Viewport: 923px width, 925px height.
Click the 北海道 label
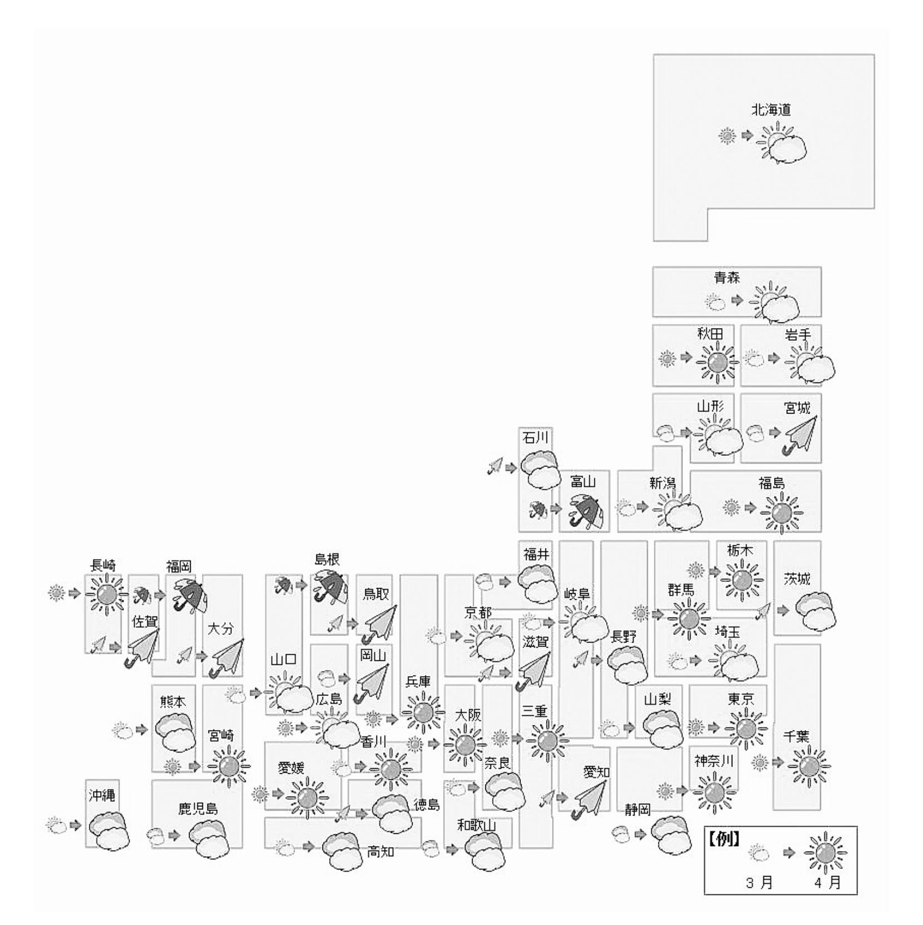[771, 110]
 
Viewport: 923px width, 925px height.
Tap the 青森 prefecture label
[727, 277]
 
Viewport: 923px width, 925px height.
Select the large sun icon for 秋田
[717, 362]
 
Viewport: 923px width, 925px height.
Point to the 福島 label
[772, 483]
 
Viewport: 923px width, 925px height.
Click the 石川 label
[535, 438]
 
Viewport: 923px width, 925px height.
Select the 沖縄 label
[102, 795]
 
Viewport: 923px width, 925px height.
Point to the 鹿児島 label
[198, 808]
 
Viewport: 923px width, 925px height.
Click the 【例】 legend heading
[723, 839]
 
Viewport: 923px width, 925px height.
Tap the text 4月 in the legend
[828, 883]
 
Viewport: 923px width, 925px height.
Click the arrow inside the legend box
[789, 852]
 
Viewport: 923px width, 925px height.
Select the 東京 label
[741, 699]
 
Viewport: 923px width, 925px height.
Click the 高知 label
[380, 851]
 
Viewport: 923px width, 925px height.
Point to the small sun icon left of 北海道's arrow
[727, 136]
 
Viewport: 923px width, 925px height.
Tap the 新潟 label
[662, 483]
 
